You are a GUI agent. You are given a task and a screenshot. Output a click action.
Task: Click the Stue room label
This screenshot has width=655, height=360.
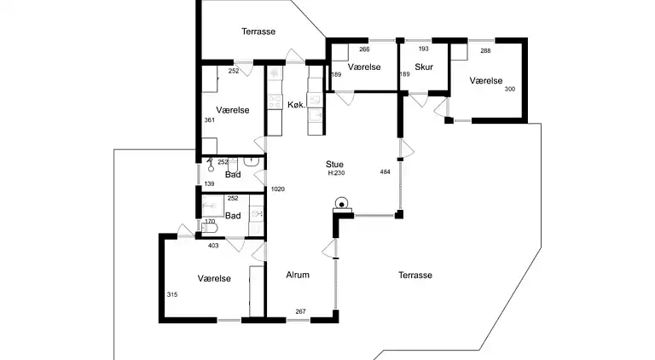coord(334,164)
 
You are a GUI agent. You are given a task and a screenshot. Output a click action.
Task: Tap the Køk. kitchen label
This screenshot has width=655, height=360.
coord(297,105)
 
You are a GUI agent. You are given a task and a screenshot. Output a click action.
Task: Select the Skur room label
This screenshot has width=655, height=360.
coord(424,67)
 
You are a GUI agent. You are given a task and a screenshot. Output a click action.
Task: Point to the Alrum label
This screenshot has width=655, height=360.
coord(298,275)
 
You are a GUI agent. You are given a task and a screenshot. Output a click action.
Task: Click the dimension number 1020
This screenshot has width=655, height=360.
coord(278,189)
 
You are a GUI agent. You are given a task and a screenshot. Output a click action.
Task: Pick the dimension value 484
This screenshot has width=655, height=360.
coord(385,171)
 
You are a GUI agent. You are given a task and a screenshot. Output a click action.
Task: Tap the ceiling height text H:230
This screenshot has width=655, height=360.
coord(336,173)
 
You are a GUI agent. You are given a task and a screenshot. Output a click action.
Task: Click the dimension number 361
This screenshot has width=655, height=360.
coord(209,120)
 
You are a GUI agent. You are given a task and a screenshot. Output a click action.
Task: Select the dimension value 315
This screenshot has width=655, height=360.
coord(172,294)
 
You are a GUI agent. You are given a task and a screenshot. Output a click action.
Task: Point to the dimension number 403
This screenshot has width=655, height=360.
coord(213,246)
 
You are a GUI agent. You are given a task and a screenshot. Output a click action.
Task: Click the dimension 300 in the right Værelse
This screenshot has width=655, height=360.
coord(510,89)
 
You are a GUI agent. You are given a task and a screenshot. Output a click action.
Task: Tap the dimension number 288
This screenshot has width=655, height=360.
coord(485,51)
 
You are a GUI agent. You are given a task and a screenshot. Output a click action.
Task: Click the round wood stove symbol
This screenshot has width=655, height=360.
coord(342,204)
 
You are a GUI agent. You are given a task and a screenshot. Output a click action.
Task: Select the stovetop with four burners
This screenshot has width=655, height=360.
coord(275,102)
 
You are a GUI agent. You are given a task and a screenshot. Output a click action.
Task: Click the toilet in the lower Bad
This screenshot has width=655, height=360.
coord(210,228)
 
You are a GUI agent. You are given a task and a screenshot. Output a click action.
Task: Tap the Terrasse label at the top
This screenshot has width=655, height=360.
coord(258,32)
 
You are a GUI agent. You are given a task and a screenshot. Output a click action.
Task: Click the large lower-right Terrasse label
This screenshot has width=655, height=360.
coord(415,276)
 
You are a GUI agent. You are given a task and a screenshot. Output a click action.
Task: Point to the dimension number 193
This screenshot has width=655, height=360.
coord(424,49)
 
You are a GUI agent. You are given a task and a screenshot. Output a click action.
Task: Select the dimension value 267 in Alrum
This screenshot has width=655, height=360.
coord(300,311)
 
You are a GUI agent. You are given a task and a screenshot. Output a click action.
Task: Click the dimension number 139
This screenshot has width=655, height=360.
coord(209,183)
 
